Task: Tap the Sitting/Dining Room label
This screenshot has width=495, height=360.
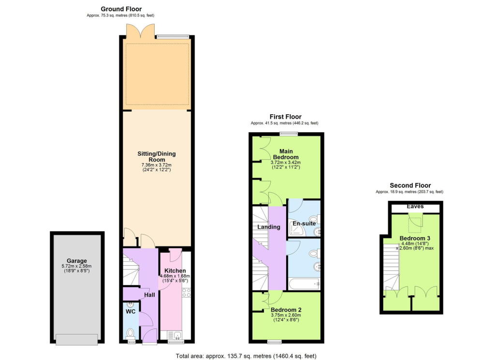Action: [157, 157]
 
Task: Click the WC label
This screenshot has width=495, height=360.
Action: [131, 311]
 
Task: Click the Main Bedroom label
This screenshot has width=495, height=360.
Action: [285, 154]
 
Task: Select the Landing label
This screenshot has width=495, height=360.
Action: [269, 227]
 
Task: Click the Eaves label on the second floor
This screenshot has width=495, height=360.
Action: [415, 207]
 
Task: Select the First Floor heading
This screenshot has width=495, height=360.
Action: [285, 117]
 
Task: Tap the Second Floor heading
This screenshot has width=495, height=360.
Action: [410, 185]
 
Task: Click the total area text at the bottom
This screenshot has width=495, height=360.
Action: [247, 356]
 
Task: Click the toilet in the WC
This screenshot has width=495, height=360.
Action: [131, 333]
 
